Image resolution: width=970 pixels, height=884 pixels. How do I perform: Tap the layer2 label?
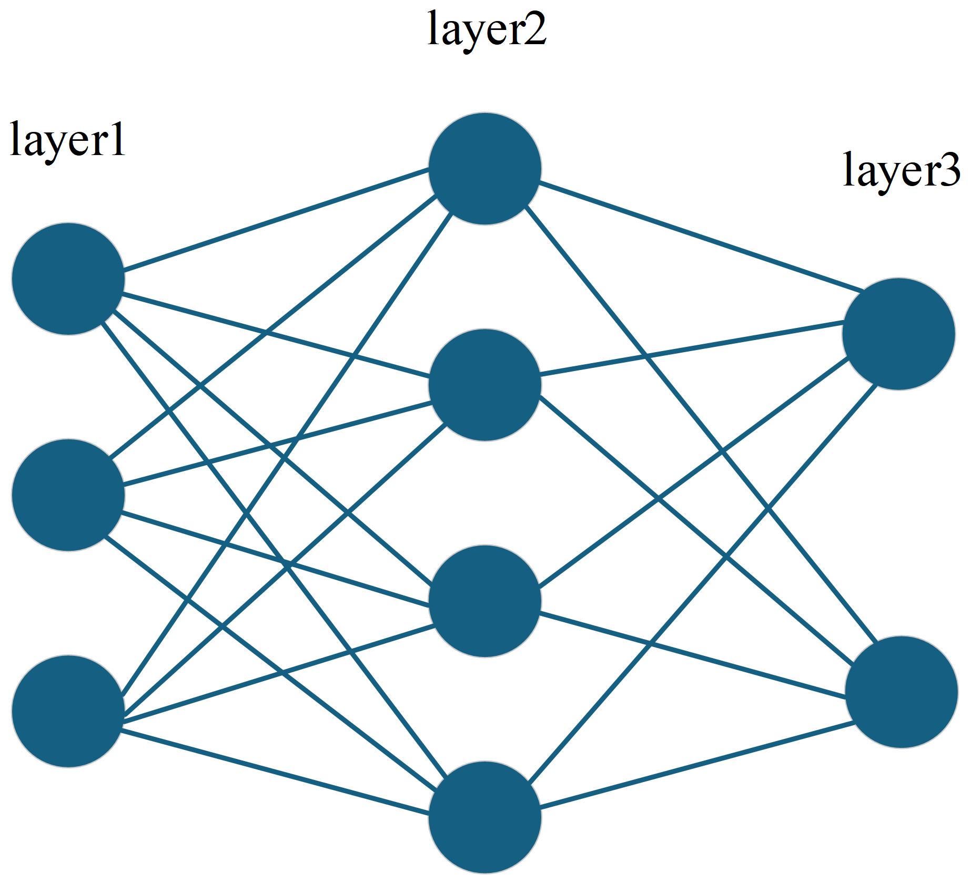487,29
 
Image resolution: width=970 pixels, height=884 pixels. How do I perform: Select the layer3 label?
901,170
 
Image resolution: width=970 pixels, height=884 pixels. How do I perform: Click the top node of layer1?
68,279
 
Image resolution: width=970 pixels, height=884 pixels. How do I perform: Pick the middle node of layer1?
68,495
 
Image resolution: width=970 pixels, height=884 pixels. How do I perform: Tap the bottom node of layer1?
68,711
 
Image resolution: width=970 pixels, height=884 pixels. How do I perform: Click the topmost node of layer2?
485,169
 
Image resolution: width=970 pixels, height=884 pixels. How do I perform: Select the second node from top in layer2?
485,385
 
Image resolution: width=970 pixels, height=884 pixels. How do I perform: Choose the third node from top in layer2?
485,601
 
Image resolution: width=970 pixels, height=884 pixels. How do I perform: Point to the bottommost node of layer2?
485,817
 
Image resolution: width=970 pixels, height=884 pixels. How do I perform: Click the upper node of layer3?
898,334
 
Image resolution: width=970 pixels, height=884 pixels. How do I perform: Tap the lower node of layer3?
902,692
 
